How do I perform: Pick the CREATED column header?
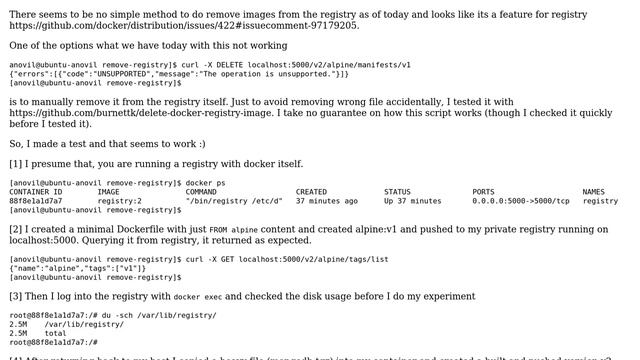[311, 192]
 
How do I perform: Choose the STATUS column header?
[397, 192]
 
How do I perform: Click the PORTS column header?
[483, 192]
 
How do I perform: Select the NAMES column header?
[593, 192]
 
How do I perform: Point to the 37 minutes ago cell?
[326, 201]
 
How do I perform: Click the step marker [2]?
[15, 230]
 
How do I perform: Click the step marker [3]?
[15, 296]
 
